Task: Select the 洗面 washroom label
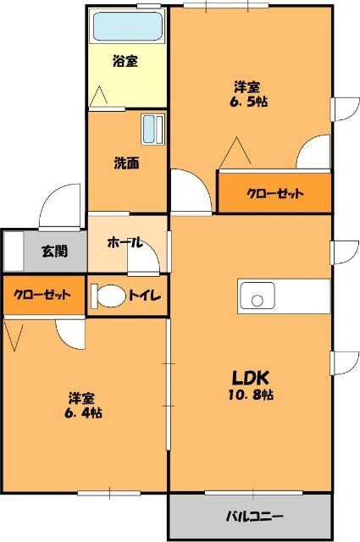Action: (x=127, y=163)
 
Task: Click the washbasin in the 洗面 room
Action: (x=153, y=130)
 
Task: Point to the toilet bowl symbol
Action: (x=108, y=297)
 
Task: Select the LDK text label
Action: (x=249, y=377)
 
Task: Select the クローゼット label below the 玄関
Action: (x=42, y=296)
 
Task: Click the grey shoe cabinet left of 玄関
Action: (x=13, y=251)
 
